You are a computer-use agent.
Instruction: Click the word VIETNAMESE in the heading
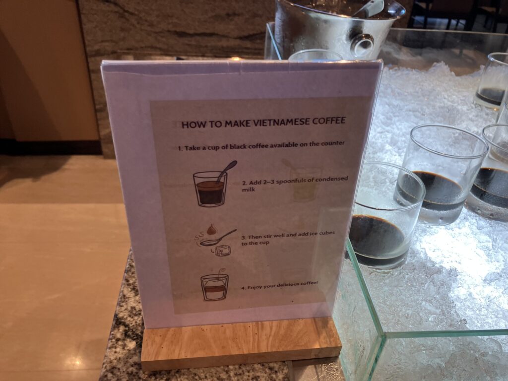[x=281, y=123]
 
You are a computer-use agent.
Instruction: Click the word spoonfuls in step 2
[x=293, y=181]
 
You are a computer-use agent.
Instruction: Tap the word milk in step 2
[x=249, y=189]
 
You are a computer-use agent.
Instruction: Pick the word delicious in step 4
[x=287, y=285]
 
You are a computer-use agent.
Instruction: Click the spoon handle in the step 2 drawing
[x=227, y=169]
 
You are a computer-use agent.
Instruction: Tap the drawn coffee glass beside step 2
[x=210, y=189]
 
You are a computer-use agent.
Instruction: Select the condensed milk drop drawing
[x=211, y=229]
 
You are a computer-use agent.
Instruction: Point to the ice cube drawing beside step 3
[x=223, y=250]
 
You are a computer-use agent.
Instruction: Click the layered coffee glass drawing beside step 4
[x=214, y=287]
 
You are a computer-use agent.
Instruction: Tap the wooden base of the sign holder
[x=241, y=344]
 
